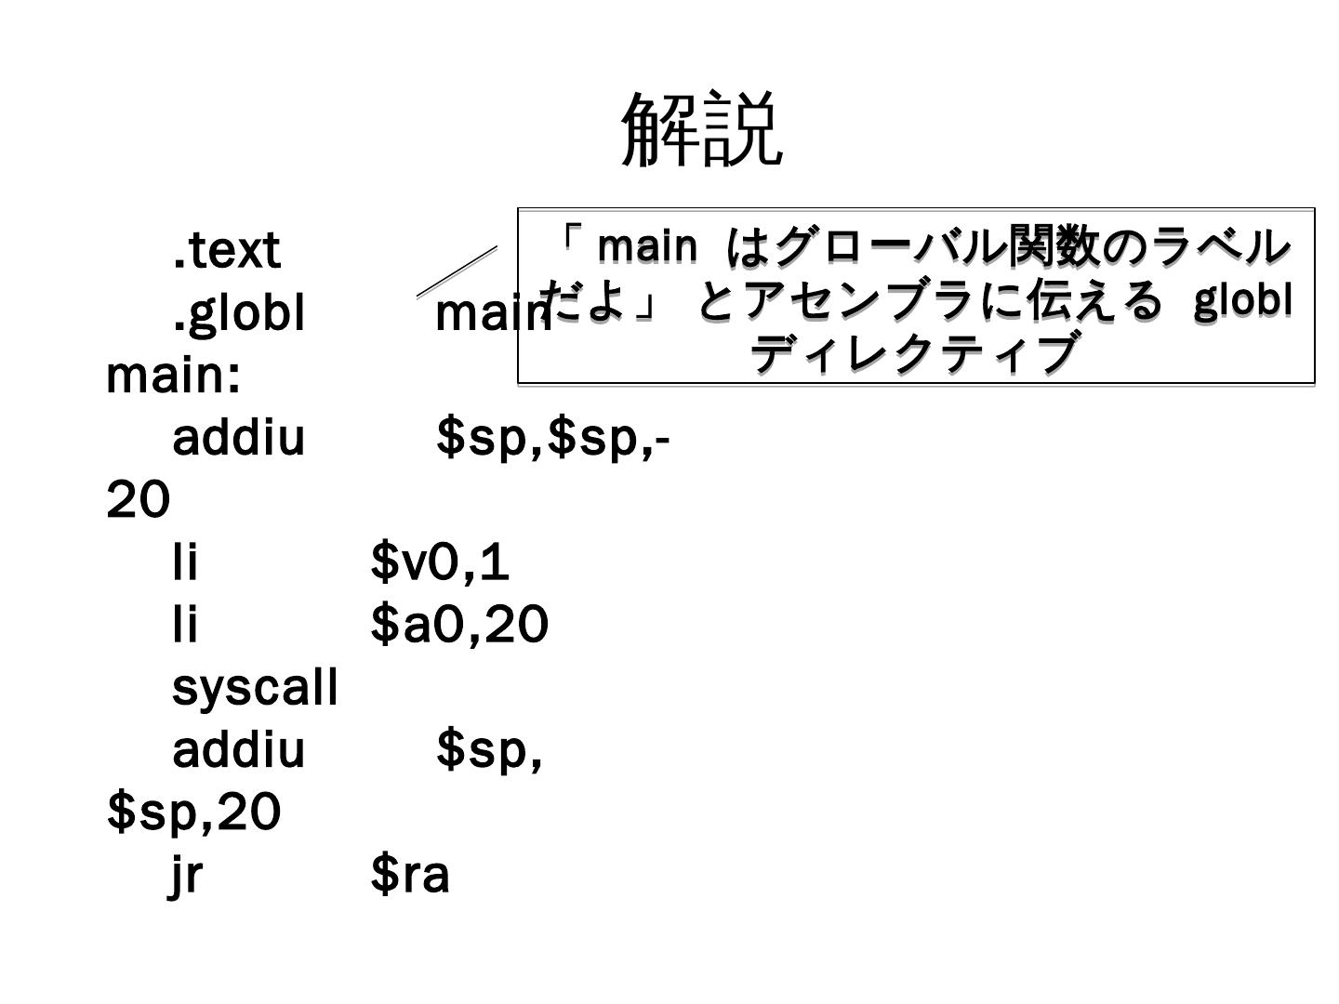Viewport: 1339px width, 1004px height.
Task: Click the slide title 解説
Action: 702,130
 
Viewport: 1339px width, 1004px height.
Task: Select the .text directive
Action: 227,251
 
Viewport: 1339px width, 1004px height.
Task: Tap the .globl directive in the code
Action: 239,314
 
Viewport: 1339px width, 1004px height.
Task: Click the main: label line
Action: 174,376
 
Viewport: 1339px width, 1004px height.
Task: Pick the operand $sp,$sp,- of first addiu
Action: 552,438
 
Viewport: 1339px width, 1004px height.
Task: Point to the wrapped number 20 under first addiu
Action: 139,501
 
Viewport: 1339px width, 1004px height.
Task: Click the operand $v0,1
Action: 440,562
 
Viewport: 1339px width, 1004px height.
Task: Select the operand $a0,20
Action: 459,625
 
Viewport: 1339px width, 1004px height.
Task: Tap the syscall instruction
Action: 255,688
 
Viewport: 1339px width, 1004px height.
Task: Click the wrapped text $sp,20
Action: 193,812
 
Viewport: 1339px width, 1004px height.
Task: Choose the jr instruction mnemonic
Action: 186,875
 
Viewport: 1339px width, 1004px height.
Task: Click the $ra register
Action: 410,875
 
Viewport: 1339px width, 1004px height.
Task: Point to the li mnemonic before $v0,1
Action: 186,562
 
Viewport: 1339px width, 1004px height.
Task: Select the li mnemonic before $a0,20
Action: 186,625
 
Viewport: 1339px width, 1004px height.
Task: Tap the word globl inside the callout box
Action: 1243,299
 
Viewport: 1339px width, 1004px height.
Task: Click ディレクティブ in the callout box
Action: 914,353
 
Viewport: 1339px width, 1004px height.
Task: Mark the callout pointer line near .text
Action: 457,271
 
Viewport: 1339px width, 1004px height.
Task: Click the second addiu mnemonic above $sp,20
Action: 239,750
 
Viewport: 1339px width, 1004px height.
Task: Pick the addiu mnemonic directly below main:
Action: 239,438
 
